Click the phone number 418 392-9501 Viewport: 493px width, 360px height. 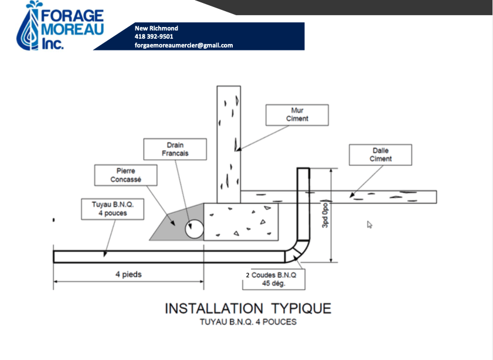pyautogui.click(x=154, y=36)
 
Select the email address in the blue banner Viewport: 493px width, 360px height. pyautogui.click(x=183, y=45)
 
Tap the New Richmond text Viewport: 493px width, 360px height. pyautogui.click(x=156, y=28)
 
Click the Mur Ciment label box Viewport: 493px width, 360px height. pyautogui.click(x=297, y=114)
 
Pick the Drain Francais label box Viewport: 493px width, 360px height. pyautogui.click(x=175, y=150)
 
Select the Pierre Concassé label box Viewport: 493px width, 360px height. pyautogui.click(x=125, y=175)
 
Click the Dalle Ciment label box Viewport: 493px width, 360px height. pyautogui.click(x=380, y=155)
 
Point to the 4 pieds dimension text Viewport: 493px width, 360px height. pyautogui.click(x=128, y=274)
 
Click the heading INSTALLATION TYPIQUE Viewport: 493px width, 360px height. pyautogui.click(x=248, y=308)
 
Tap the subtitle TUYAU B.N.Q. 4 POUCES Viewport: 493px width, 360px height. pyautogui.click(x=248, y=322)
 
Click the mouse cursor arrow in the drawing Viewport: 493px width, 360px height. pyautogui.click(x=369, y=224)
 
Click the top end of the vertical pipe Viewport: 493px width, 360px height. pyautogui.click(x=302, y=171)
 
